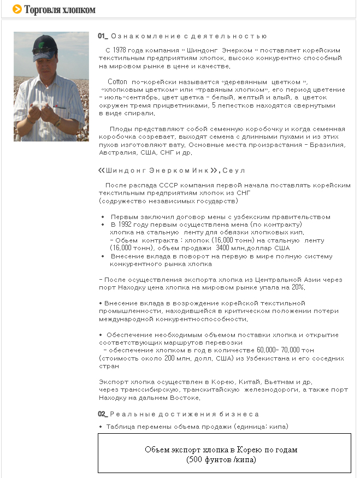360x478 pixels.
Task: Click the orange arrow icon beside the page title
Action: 17,9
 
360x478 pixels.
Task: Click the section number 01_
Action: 103,36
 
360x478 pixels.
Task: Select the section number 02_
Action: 103,414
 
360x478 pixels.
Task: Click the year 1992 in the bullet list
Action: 130,225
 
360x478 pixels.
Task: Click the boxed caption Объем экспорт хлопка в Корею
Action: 221,450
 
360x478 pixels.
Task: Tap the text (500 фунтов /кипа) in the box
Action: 221,459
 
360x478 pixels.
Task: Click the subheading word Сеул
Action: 235,170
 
